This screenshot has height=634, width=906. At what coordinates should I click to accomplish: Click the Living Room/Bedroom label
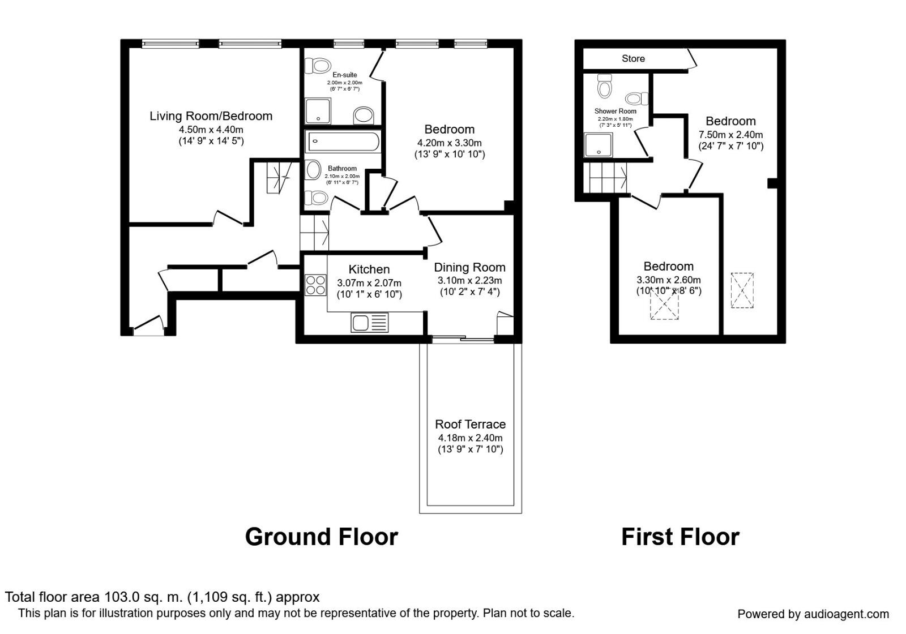(211, 116)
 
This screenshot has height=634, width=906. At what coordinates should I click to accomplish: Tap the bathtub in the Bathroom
(343, 142)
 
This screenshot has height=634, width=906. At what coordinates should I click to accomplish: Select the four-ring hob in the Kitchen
(315, 284)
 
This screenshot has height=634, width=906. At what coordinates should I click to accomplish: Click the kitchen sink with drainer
(369, 323)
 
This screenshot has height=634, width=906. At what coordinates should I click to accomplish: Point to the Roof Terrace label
(470, 424)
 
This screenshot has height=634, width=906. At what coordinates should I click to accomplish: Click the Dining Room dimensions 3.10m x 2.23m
(469, 281)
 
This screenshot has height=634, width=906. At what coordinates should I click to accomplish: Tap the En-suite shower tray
(318, 111)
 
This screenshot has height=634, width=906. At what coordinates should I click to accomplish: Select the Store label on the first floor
(633, 58)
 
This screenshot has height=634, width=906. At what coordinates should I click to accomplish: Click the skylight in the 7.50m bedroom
(742, 290)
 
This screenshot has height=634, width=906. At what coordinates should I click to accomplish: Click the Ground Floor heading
(321, 537)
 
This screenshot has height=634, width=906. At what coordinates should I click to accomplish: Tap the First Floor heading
(680, 537)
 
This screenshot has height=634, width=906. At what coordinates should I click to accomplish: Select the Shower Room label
(615, 111)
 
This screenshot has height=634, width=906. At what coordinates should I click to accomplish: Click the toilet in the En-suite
(318, 66)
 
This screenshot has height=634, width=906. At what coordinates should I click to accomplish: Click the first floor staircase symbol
(606, 177)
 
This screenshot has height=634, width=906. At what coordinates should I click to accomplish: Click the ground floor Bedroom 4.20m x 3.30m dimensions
(450, 143)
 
